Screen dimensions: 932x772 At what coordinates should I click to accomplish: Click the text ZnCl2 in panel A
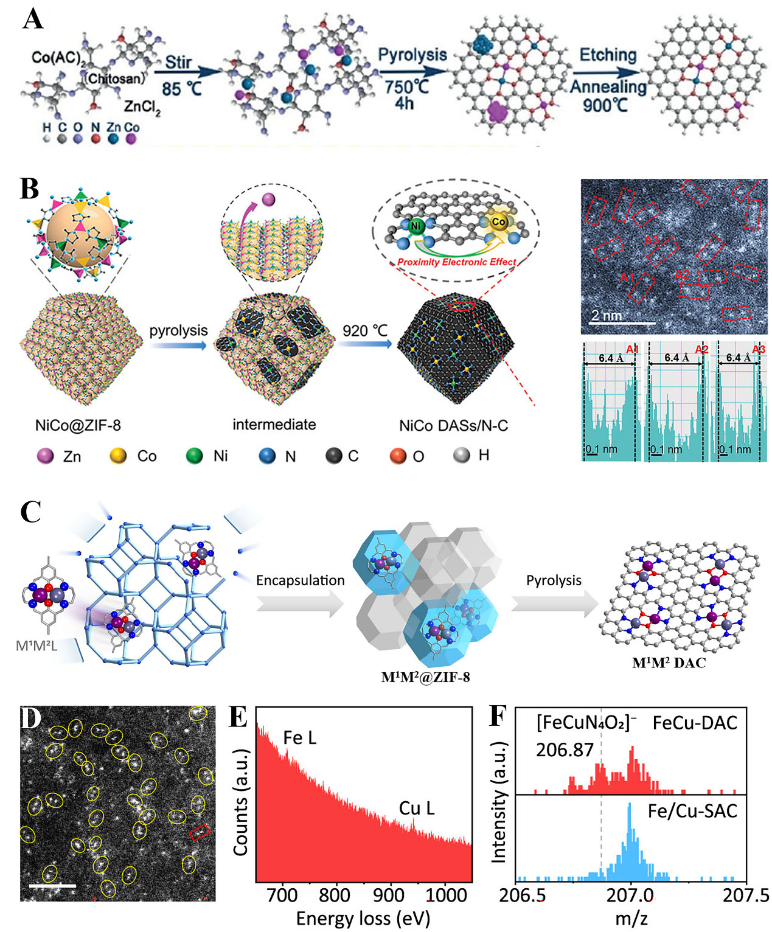pos(142,107)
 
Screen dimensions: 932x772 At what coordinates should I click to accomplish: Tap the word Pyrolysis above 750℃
pos(412,55)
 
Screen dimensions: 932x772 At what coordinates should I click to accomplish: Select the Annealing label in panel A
pos(608,87)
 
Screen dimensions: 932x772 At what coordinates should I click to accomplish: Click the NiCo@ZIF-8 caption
pos(77,425)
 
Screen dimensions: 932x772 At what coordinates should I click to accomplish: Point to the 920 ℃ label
pos(364,330)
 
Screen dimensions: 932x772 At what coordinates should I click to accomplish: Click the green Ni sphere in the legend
pos(194,456)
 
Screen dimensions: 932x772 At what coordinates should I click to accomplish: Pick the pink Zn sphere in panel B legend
pos(46,456)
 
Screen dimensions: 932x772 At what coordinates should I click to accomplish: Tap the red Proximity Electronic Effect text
pos(456,262)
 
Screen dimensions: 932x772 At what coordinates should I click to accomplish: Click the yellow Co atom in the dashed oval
pos(499,222)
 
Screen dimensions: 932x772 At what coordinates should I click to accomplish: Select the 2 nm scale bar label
pos(607,315)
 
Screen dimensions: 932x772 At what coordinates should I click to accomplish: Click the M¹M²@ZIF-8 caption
pos(425,677)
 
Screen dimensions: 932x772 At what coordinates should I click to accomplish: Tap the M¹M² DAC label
pos(669,662)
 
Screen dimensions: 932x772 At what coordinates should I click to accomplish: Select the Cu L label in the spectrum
pos(416,808)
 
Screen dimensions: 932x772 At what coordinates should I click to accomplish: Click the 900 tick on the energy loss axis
pos(388,895)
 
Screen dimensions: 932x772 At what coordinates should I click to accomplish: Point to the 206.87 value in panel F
pos(564,749)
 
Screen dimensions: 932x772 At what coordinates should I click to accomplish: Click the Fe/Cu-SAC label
pos(692,811)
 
